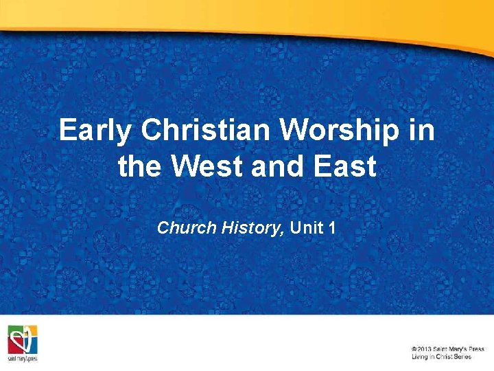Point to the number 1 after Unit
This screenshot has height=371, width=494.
point(332,227)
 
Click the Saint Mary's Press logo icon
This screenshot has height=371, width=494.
point(23,338)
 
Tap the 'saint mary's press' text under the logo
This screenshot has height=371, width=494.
point(23,359)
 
